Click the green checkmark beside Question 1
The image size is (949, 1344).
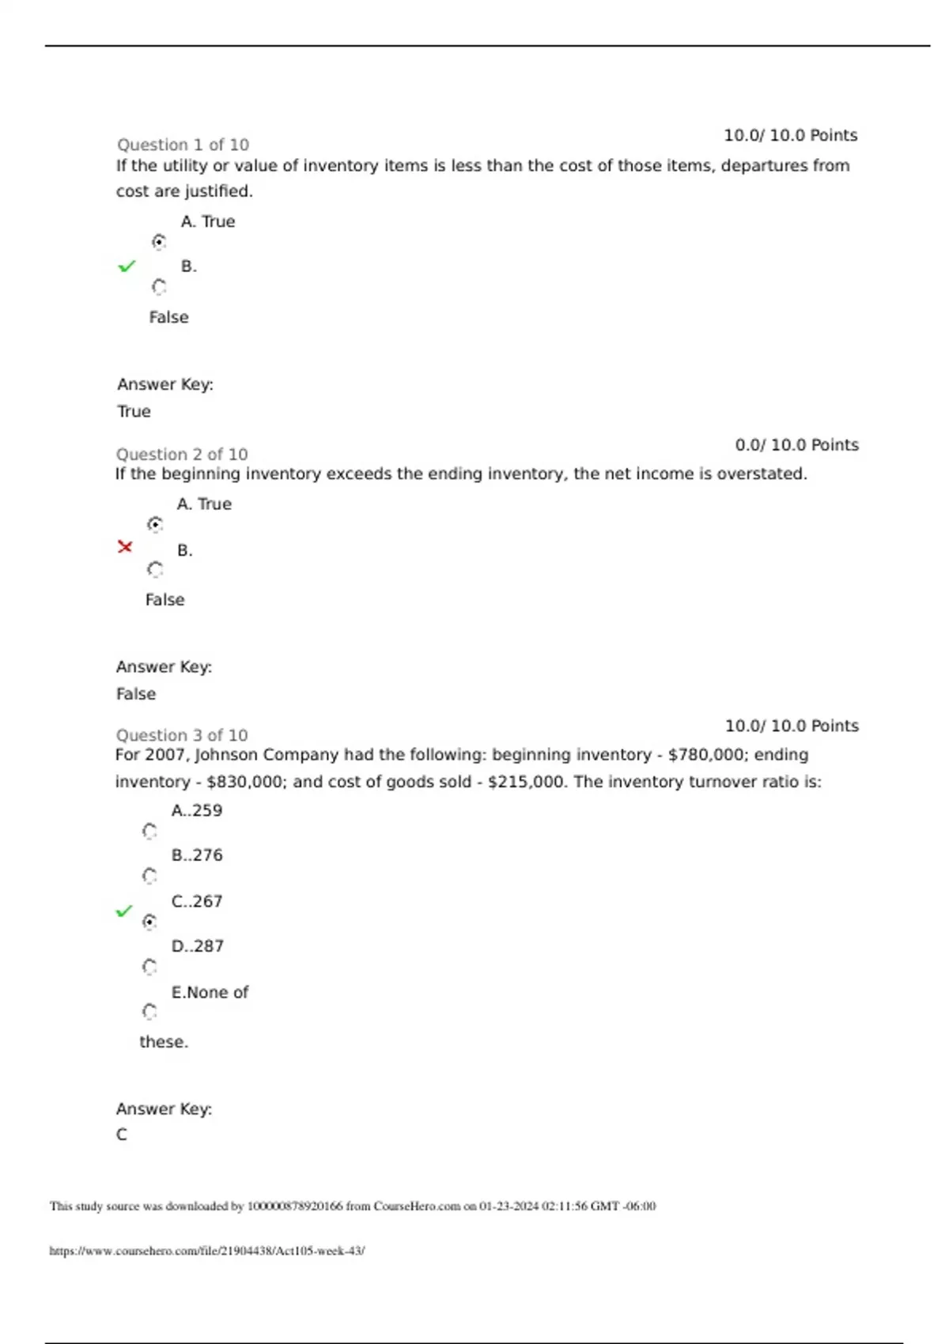coord(127,266)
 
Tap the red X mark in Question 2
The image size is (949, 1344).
coord(125,546)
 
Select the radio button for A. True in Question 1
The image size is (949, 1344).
coord(159,242)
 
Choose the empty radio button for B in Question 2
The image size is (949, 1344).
coord(155,569)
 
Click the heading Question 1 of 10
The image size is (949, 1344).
coord(183,145)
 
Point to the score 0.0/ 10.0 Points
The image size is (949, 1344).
coord(796,445)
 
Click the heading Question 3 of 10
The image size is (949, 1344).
coord(182,735)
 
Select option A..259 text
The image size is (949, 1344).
coord(197,810)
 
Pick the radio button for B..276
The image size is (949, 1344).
coord(149,876)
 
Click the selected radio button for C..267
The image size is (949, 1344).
coord(149,922)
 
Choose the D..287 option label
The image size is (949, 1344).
coord(198,946)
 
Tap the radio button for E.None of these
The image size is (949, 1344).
coord(149,1012)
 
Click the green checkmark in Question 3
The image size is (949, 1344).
coord(124,912)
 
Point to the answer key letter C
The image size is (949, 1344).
coord(122,1134)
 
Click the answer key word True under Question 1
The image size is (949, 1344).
coord(134,411)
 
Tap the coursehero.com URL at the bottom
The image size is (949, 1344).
coord(207,1251)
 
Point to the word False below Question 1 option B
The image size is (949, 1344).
coord(168,317)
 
